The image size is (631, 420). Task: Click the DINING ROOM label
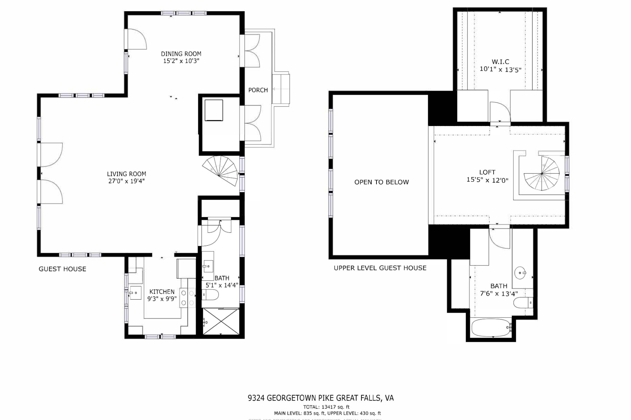[x=181, y=54]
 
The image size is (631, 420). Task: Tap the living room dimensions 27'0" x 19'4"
[x=126, y=181]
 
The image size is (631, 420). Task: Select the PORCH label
[x=258, y=90]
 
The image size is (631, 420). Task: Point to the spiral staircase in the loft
[x=542, y=174]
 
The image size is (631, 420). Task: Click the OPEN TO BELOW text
[x=381, y=182]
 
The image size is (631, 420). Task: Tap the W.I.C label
[x=500, y=62]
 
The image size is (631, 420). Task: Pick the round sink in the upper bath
[x=520, y=272]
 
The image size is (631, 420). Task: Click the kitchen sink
[x=135, y=293]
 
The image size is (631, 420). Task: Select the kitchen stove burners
[x=187, y=298]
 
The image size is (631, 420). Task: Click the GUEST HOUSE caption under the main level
[x=62, y=269]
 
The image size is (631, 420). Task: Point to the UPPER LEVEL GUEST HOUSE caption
[x=380, y=268]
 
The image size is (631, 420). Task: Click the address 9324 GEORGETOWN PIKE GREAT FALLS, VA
[x=320, y=398]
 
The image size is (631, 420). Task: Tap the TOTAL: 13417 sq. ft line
[x=326, y=407]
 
